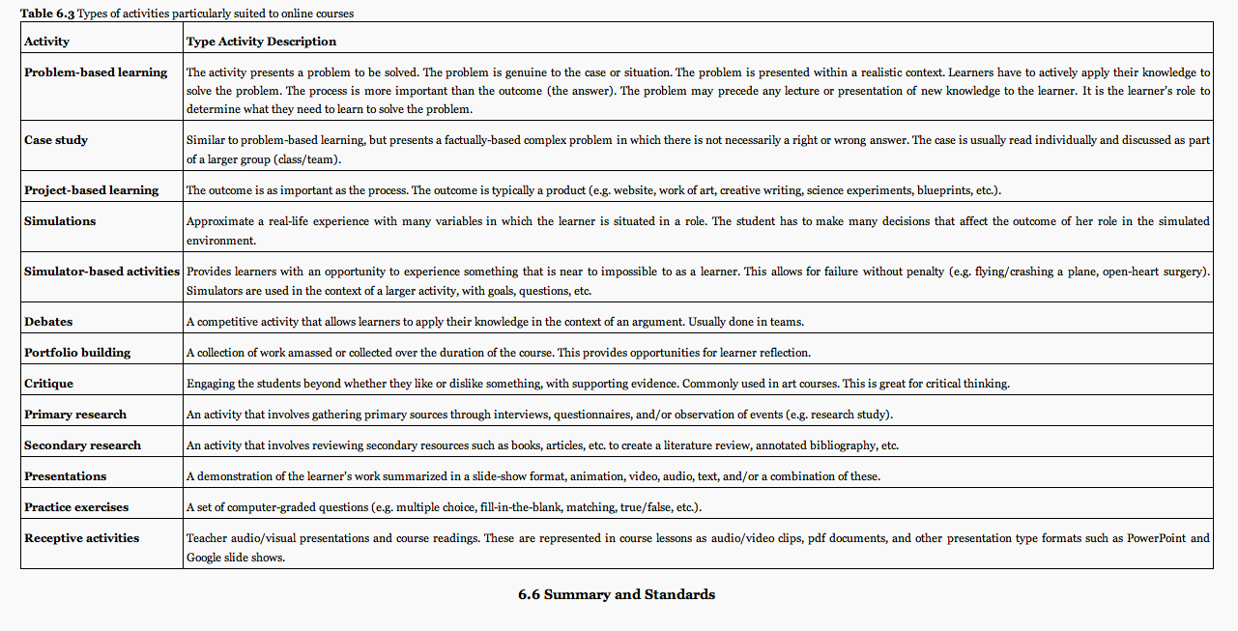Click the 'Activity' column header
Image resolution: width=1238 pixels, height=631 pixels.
coord(46,42)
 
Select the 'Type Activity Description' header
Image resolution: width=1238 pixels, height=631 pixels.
coord(261,42)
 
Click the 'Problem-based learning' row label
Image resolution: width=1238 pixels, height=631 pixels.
coord(96,72)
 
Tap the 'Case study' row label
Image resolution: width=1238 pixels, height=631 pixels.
coord(56,140)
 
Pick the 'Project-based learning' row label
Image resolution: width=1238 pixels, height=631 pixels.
coord(92,190)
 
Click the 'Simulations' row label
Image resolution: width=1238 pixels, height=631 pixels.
coord(60,221)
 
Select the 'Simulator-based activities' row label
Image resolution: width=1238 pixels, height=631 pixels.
coord(102,272)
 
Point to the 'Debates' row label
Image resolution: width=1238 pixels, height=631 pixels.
coord(48,322)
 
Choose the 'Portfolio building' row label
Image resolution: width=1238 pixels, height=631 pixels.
coord(77,353)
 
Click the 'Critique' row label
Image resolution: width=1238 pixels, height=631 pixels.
coord(48,384)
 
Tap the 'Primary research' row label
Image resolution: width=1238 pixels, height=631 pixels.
coord(75,415)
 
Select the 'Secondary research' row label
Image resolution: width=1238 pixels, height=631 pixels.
coord(82,445)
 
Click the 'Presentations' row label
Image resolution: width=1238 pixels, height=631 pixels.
coord(66,476)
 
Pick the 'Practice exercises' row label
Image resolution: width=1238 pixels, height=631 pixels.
coord(76,507)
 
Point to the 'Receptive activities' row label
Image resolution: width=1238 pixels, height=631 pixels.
coord(82,538)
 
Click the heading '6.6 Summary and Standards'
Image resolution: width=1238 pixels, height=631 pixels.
coord(617,594)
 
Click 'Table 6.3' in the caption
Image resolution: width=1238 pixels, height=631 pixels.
coord(46,14)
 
